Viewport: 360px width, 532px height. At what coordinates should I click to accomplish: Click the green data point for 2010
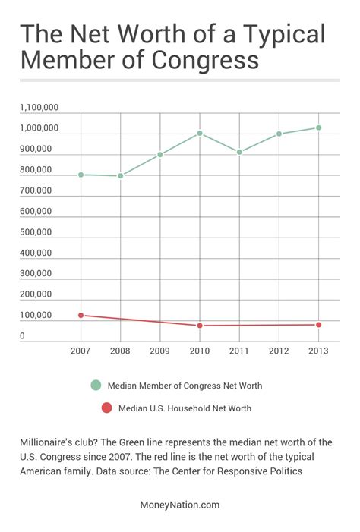tap(200, 134)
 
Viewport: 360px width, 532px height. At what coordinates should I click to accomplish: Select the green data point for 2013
tap(318, 127)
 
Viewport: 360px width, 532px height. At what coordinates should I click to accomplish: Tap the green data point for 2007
tap(81, 175)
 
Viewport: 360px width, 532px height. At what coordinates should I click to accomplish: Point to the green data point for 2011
tap(239, 152)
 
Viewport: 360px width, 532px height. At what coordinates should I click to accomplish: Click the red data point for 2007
tap(81, 315)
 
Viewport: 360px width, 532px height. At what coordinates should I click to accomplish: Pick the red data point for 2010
tap(200, 326)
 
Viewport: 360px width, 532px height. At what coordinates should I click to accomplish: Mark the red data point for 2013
tap(318, 325)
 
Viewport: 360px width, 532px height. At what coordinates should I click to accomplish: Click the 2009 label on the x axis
tap(159, 351)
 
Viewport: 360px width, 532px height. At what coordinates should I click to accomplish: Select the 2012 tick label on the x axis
tap(279, 351)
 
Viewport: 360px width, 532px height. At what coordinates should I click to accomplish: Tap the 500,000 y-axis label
tap(36, 232)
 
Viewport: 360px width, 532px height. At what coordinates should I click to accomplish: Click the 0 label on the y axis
tap(23, 336)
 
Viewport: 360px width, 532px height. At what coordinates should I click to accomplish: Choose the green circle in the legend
tap(95, 386)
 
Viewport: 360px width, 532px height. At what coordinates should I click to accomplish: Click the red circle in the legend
tap(106, 408)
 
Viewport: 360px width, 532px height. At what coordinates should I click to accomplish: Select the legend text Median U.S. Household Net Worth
tap(185, 408)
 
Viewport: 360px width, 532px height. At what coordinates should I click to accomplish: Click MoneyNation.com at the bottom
tap(180, 504)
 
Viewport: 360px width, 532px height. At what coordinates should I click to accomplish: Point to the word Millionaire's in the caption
tap(49, 442)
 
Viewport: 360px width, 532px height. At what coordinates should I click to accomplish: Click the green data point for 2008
tap(120, 175)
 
